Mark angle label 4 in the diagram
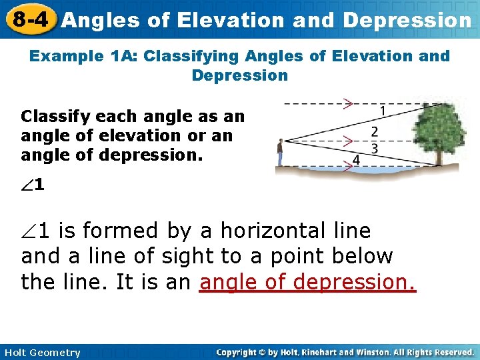click(x=356, y=160)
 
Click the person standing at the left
click(x=281, y=153)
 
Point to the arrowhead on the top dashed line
click(x=347, y=103)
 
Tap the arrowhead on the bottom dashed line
click(x=347, y=167)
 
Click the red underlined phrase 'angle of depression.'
click(x=307, y=282)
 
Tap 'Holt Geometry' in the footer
click(x=41, y=353)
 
